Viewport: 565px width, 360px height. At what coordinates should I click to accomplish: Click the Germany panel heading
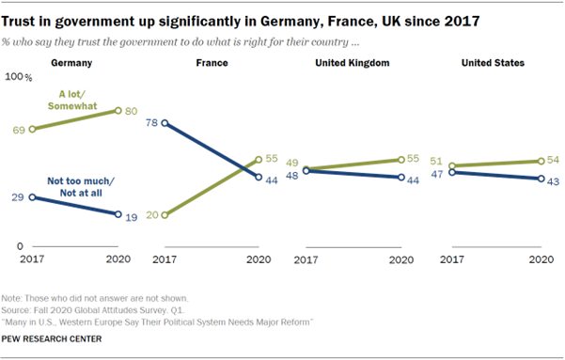[x=78, y=64]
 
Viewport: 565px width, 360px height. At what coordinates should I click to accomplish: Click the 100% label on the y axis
[x=20, y=80]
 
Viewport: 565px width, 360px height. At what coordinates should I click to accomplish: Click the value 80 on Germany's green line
[x=133, y=110]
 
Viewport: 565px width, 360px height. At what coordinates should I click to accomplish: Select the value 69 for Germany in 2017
[x=18, y=129]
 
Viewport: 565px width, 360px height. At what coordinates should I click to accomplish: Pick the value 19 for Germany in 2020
[x=133, y=216]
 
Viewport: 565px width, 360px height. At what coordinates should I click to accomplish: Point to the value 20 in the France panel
[x=152, y=215]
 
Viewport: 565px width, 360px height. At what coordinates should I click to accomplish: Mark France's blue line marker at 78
[x=166, y=123]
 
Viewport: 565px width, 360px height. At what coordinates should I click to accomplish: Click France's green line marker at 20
[x=166, y=214]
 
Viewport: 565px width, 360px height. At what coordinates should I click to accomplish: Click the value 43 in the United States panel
[x=554, y=180]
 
